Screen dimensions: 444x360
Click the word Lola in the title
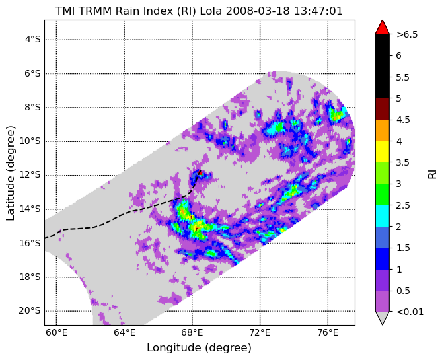(x=211, y=11)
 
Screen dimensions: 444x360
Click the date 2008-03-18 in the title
(x=258, y=11)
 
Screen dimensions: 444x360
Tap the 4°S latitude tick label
(x=33, y=40)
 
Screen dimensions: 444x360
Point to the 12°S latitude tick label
(x=30, y=175)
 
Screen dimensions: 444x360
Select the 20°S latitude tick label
(x=30, y=310)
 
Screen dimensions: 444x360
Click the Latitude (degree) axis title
(x=10, y=173)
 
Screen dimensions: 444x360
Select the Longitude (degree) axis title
(x=199, y=347)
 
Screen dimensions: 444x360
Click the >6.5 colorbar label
(x=407, y=34)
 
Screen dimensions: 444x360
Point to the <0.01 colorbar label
(x=410, y=312)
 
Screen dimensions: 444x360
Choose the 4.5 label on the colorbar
(x=403, y=120)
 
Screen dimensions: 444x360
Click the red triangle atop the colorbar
(x=383, y=28)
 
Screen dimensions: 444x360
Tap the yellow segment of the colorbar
(x=383, y=152)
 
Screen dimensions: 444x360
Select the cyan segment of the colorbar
(x=383, y=216)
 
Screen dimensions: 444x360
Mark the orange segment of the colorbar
(x=383, y=131)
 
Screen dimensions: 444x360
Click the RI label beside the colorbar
(x=432, y=174)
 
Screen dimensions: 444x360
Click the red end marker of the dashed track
(x=200, y=172)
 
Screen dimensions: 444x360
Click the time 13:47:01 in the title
(x=318, y=11)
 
